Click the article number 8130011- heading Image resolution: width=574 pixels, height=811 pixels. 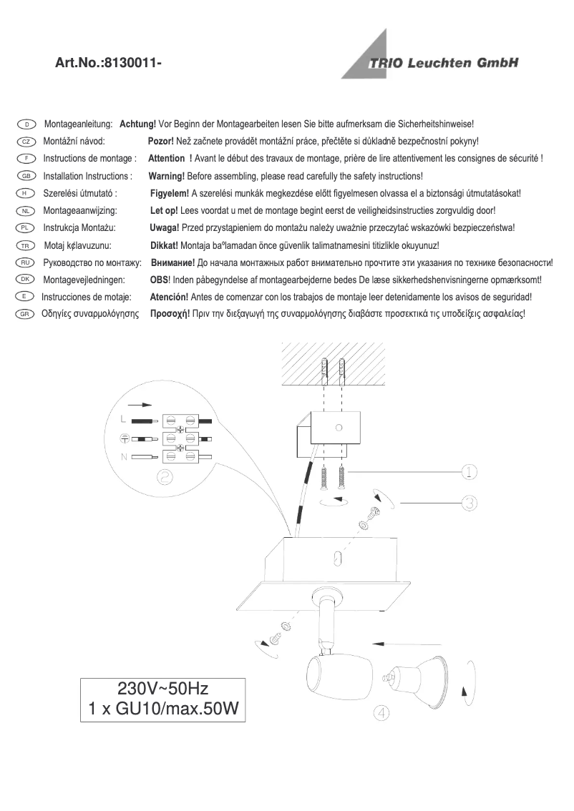108,64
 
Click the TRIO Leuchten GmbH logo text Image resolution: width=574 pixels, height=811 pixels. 443,63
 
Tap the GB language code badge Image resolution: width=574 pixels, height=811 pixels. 25,176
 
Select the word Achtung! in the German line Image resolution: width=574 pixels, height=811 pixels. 137,124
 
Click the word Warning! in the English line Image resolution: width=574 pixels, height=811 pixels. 166,176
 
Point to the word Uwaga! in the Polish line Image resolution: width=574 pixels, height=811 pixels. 163,227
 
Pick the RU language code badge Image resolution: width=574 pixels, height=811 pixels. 25,262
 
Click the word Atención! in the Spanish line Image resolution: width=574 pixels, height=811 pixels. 168,297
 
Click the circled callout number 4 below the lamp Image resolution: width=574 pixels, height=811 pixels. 381,713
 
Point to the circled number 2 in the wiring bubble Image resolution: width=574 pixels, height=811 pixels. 164,478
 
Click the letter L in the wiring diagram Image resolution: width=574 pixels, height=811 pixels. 124,419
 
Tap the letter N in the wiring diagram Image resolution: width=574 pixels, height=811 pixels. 124,456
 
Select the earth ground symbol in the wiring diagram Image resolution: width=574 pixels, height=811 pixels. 124,438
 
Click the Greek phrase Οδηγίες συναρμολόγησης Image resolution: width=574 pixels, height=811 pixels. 89,314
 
